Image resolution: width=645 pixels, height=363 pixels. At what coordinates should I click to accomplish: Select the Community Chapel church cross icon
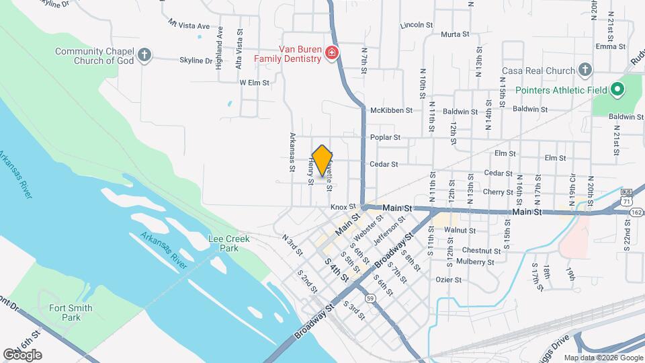point(144,54)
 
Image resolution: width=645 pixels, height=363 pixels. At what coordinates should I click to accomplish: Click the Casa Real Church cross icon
point(585,70)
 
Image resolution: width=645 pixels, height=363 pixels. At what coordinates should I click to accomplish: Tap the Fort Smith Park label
point(71,313)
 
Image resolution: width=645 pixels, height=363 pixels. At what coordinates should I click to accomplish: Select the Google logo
point(22,355)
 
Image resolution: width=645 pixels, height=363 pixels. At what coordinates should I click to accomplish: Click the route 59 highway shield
point(370,298)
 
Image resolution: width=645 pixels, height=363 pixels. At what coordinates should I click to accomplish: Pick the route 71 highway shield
point(626,201)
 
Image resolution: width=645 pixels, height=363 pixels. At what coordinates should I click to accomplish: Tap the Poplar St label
point(385,137)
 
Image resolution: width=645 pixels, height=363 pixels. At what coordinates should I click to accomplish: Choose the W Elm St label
point(255,83)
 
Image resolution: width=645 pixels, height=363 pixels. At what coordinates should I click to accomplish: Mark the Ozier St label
point(449,279)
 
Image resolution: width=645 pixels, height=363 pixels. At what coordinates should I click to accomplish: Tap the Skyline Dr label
point(196,61)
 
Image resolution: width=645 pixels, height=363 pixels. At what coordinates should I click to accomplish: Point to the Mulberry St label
point(475,262)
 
